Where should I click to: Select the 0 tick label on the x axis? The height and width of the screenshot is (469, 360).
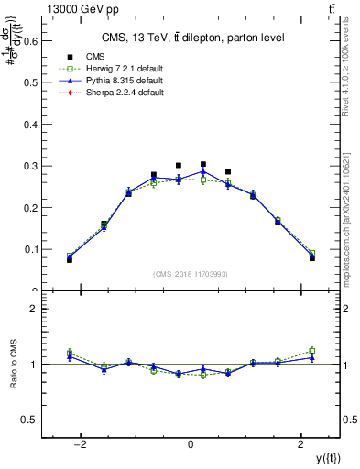point(191,444)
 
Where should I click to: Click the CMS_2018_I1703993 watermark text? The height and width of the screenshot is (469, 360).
point(191,274)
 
